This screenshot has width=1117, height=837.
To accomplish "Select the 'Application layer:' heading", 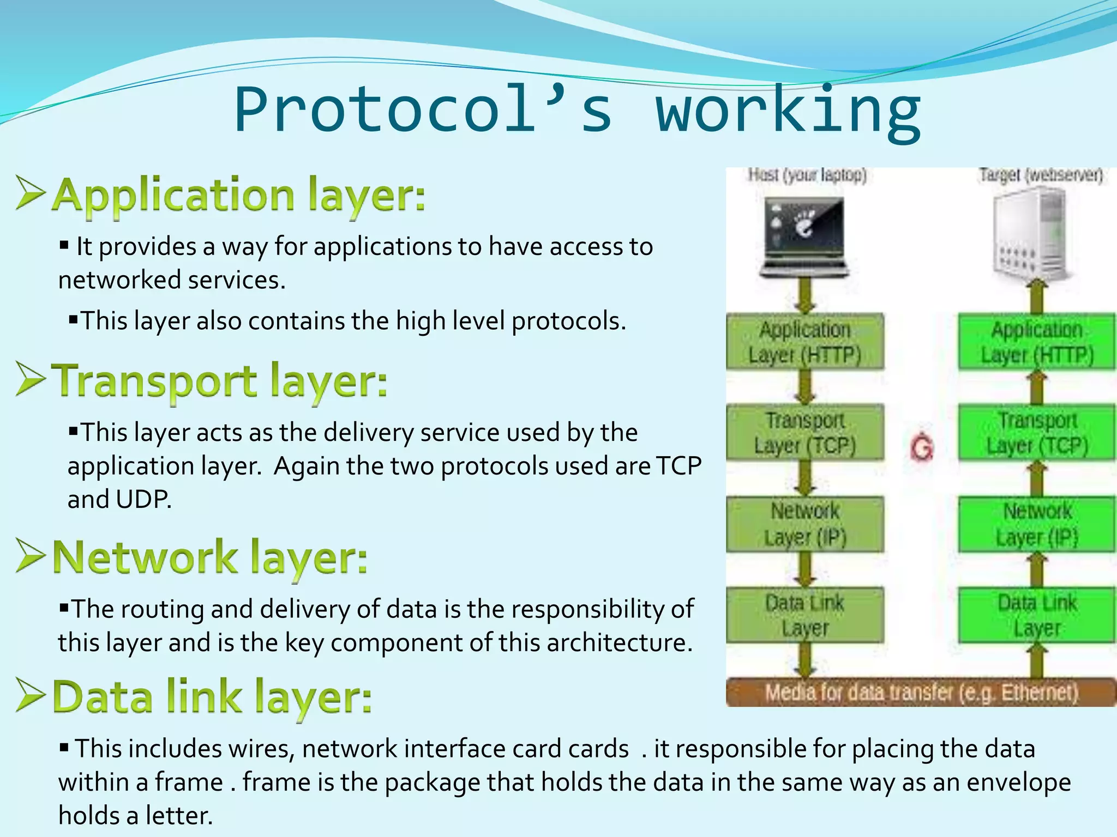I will coord(239,195).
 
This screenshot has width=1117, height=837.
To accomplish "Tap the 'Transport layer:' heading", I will coord(219,380).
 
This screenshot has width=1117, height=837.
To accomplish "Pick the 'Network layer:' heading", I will coord(210,557).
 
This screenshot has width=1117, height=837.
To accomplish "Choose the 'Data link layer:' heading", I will coord(212,697).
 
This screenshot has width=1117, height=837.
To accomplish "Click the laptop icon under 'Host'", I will coord(804,238).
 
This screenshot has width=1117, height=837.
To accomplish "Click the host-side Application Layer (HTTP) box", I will coord(804,342).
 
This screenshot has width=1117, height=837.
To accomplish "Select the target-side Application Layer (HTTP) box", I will coord(1037,342).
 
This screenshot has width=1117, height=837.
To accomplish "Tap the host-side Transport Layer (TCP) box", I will coord(804,433).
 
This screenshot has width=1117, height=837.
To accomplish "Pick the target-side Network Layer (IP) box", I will coord(1037,524).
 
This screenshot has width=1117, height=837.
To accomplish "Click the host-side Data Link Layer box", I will coord(804,615).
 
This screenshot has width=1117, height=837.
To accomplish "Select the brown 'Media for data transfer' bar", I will coord(921,693).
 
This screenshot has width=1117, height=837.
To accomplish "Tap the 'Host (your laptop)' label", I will coord(807,175).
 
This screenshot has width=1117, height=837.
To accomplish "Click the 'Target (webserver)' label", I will coord(1041,175).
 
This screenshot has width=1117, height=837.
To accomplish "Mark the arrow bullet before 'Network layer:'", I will coord(31,556).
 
